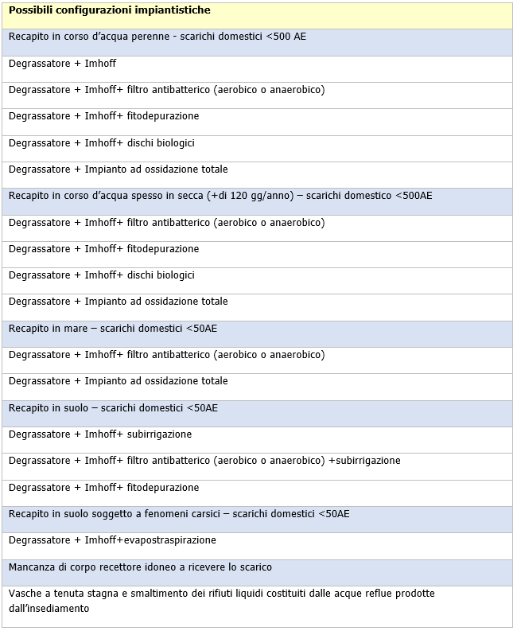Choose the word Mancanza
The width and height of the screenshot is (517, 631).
tap(32, 567)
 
